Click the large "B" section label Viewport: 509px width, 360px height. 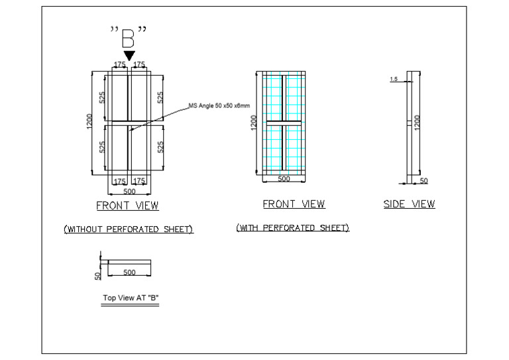129,37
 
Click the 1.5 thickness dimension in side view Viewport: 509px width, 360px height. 394,79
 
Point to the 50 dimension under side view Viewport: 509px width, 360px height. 424,180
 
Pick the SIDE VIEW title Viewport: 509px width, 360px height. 409,204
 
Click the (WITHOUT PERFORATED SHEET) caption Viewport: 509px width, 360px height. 128,229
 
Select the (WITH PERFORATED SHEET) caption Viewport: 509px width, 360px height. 292,227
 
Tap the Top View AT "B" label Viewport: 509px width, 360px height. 131,298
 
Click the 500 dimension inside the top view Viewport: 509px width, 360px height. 129,272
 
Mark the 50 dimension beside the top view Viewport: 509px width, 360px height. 97,274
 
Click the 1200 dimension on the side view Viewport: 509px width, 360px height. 416,122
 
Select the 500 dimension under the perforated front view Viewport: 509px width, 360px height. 283,179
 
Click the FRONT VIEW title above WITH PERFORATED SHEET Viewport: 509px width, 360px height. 294,204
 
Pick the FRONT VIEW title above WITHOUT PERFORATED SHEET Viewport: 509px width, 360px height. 127,206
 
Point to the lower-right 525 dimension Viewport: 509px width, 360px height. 160,147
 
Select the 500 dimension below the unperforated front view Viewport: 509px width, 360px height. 129,192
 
